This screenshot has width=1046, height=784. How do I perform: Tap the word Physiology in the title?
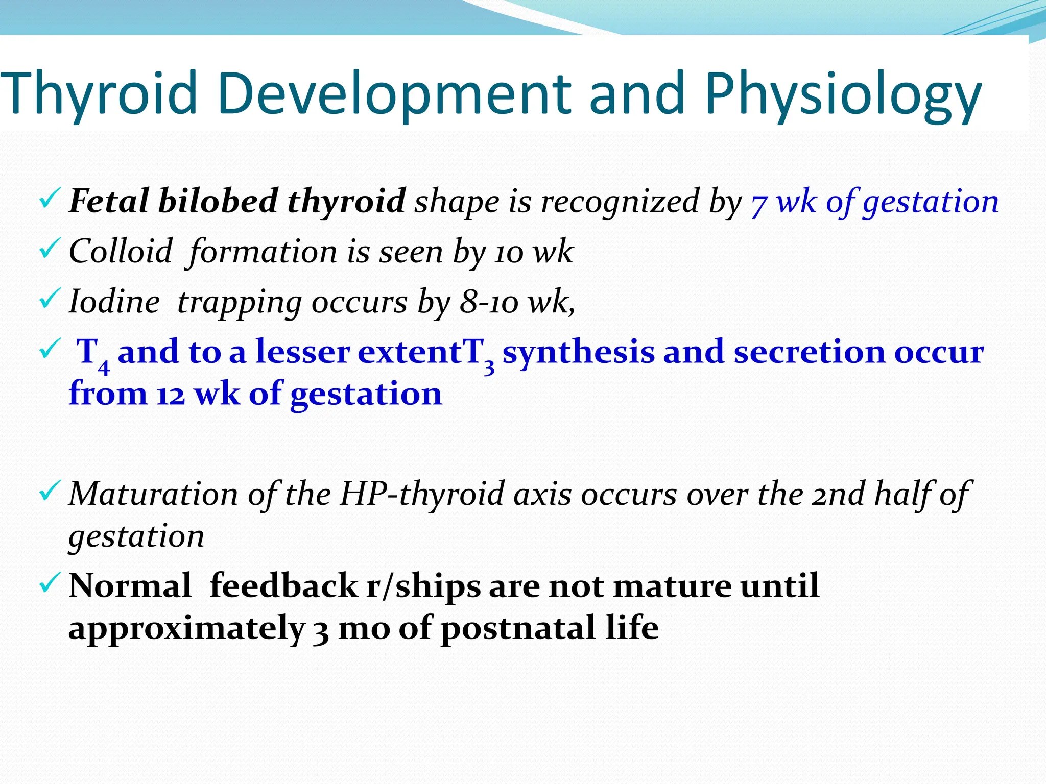pyautogui.click(x=843, y=94)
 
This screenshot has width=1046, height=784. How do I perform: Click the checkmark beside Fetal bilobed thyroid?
pyautogui.click(x=50, y=200)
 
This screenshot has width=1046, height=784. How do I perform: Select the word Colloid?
pyautogui.click(x=121, y=251)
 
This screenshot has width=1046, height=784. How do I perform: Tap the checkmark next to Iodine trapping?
pyautogui.click(x=50, y=300)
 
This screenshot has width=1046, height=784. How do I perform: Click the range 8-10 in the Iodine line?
pyautogui.click(x=489, y=302)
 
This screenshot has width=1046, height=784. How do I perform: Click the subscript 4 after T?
pyautogui.click(x=104, y=366)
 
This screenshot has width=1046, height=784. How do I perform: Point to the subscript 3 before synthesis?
pyautogui.click(x=489, y=366)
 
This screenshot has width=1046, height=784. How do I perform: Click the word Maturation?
pyautogui.click(x=154, y=494)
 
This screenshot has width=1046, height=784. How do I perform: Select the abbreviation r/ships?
pyautogui.click(x=423, y=586)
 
